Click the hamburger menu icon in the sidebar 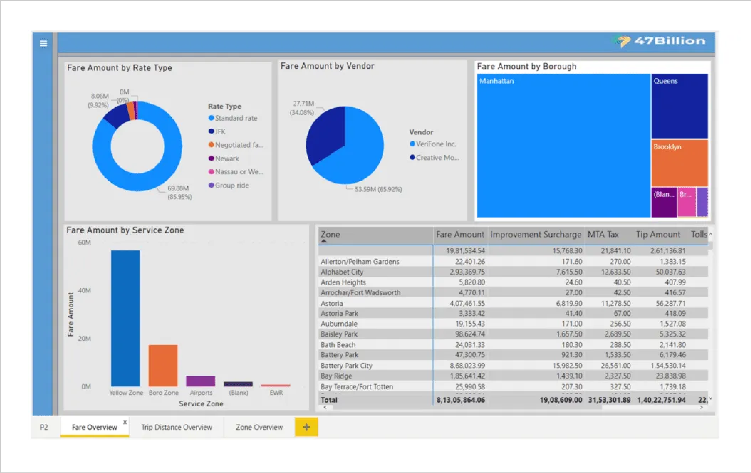pyautogui.click(x=43, y=43)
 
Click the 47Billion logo pyautogui.click(x=661, y=41)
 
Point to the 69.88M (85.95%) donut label pyautogui.click(x=179, y=192)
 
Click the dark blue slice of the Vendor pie pyautogui.click(x=324, y=137)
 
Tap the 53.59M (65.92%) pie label pyautogui.click(x=378, y=189)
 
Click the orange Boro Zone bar pyautogui.click(x=163, y=365)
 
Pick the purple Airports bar pyautogui.click(x=200, y=381)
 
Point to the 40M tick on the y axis pyautogui.click(x=84, y=291)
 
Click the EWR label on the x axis pyautogui.click(x=276, y=392)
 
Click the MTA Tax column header pyautogui.click(x=603, y=234)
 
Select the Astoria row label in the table pyautogui.click(x=332, y=303)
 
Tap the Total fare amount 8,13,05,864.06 pyautogui.click(x=461, y=400)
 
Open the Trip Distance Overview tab pyautogui.click(x=177, y=427)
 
